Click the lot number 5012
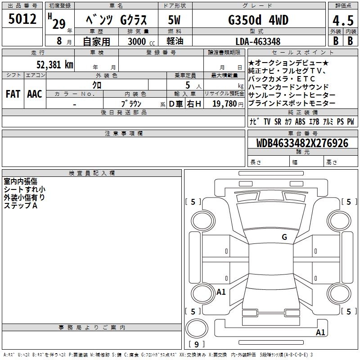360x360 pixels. pos(22,19)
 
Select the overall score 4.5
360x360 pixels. pos(343,20)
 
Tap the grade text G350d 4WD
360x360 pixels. pos(258,20)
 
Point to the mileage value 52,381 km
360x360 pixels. pos(55,64)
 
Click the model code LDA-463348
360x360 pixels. pos(258,41)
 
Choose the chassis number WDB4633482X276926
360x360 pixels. pos(302,143)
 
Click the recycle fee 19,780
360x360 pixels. pos(225,103)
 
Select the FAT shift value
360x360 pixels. pos(13,94)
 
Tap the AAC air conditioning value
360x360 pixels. pos(35,94)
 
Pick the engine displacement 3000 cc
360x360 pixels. pos(141,41)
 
